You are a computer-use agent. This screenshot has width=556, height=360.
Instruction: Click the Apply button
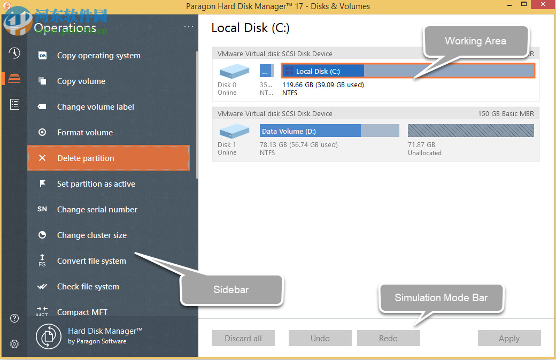509,338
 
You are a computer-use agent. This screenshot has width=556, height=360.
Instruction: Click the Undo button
320,338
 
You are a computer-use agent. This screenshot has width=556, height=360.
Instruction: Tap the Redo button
388,338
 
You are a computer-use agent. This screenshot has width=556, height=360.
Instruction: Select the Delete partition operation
109,158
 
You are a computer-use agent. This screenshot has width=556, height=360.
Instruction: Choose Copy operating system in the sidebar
98,56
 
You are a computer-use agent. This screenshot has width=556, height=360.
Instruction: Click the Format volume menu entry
85,133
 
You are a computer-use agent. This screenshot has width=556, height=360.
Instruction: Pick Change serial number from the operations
97,210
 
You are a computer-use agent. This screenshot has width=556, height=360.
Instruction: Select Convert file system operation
91,261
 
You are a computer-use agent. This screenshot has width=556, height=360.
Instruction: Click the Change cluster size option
91,235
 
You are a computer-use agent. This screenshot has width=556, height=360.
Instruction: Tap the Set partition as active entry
96,184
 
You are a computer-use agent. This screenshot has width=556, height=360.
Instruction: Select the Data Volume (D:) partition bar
329,131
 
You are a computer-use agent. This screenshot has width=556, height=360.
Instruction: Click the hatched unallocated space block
470,131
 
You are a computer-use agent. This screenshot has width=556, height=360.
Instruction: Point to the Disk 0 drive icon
234,71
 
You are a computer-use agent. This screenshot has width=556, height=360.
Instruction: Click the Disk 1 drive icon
234,131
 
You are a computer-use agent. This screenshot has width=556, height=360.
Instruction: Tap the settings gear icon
14,344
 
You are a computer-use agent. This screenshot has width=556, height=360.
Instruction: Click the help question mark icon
14,319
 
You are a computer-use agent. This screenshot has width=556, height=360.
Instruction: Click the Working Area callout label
475,41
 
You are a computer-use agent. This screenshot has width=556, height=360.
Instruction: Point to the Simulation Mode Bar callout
441,298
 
